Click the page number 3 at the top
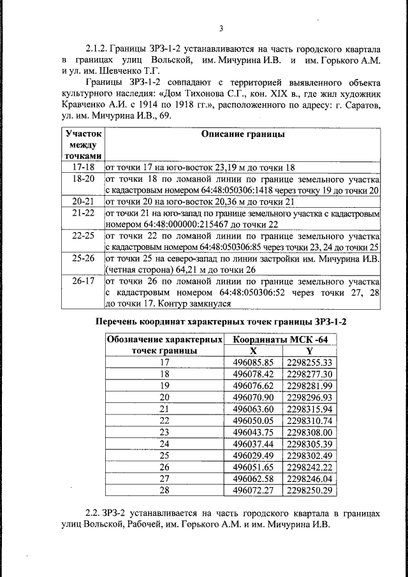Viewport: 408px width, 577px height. tap(221, 28)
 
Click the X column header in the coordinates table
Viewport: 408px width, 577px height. tap(253, 350)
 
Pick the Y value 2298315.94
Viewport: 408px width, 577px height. tap(310, 408)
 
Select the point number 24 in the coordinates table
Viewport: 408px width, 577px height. tap(164, 443)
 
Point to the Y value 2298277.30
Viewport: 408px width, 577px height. tap(310, 374)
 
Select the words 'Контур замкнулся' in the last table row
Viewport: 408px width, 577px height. tap(187, 303)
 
